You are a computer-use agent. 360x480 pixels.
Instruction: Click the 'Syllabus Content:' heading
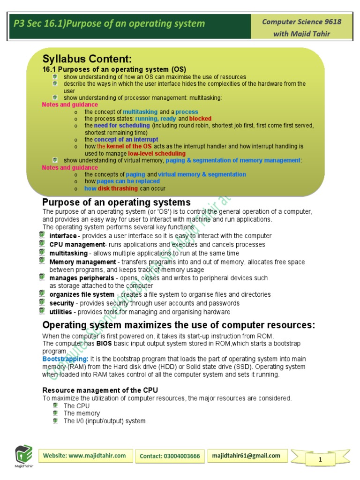pyautogui.click(x=87, y=59)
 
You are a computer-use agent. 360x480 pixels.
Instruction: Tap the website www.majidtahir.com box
pyautogui.click(x=84, y=456)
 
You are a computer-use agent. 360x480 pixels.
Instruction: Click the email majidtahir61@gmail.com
pyautogui.click(x=246, y=456)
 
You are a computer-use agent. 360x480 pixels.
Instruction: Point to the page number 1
pyautogui.click(x=320, y=459)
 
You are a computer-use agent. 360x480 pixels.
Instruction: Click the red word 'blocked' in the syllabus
pyautogui.click(x=200, y=119)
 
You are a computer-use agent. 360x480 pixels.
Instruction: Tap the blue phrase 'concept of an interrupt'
pyautogui.click(x=126, y=140)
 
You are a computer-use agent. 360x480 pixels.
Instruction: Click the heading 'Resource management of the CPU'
pyautogui.click(x=100, y=390)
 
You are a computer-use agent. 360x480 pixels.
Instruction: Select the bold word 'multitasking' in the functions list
pyautogui.click(x=68, y=253)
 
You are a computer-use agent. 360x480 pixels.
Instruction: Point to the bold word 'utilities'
pyautogui.click(x=61, y=312)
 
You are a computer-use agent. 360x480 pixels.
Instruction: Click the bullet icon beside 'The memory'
pyautogui.click(x=55, y=413)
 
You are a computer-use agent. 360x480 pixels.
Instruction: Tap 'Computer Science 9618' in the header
pyautogui.click(x=301, y=22)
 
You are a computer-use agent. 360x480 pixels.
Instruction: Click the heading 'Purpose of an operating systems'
pyautogui.click(x=116, y=202)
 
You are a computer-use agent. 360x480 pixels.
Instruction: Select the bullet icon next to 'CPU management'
pyautogui.click(x=42, y=244)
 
